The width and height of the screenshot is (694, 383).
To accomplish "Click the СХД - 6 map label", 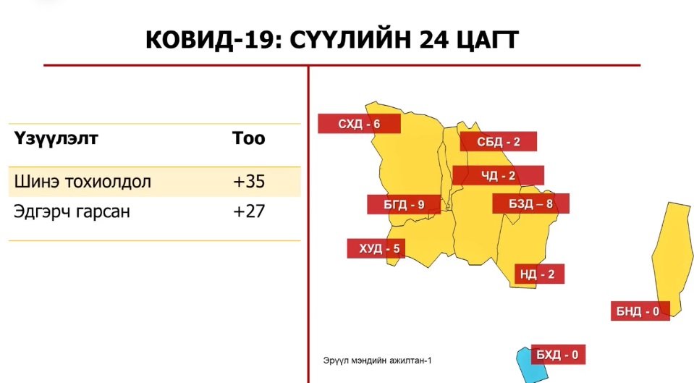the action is [x=360, y=124].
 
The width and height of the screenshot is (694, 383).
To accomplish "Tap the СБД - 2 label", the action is [x=499, y=142].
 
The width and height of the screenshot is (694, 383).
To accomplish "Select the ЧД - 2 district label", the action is [x=499, y=176].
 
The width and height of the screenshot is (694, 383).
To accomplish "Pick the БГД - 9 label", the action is [x=404, y=205].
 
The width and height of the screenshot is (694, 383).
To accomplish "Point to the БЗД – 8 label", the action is [x=530, y=203].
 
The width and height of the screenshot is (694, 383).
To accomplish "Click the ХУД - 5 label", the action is [x=376, y=248].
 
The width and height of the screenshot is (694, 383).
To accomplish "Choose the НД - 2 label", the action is [x=539, y=274].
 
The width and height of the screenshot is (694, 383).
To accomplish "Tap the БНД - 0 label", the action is [x=640, y=311].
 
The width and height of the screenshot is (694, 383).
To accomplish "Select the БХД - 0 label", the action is [x=558, y=355].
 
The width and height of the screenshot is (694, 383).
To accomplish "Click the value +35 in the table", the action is [x=249, y=181].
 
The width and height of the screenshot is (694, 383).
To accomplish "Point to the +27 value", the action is [x=249, y=211].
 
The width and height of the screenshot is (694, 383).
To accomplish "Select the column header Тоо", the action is [x=249, y=138].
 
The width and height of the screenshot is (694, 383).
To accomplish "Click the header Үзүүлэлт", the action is [x=56, y=138].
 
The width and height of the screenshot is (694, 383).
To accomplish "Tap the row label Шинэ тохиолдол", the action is [x=82, y=181].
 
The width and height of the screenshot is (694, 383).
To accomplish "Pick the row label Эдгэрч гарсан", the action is [x=72, y=211].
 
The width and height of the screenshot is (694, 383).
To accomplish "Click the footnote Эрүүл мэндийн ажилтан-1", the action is [x=377, y=361].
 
